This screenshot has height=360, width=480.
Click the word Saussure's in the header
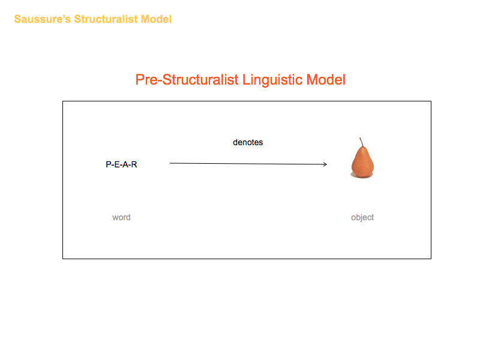pyautogui.click(x=42, y=19)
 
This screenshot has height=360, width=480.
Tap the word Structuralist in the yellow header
pyautogui.click(x=106, y=19)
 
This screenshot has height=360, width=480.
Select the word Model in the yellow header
pyautogui.click(x=156, y=19)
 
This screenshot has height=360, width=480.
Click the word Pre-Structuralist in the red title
pyautogui.click(x=187, y=80)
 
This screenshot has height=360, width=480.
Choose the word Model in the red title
pyautogui.click(x=326, y=80)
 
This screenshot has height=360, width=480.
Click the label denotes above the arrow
pyautogui.click(x=248, y=142)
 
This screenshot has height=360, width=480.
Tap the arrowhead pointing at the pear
pyautogui.click(x=325, y=164)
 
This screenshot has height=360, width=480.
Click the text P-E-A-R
pyautogui.click(x=121, y=164)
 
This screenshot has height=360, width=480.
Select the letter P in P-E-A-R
pyautogui.click(x=108, y=164)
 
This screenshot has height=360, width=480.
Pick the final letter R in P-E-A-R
pyautogui.click(x=134, y=164)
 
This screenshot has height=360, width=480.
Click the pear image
pyautogui.click(x=362, y=158)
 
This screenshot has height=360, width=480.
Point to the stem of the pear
pyautogui.click(x=361, y=142)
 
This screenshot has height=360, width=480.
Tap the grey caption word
pyautogui.click(x=121, y=217)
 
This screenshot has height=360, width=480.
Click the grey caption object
pyautogui.click(x=362, y=218)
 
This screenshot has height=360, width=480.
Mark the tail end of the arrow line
pyautogui.click(x=170, y=163)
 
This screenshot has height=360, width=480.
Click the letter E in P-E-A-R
pyautogui.click(x=116, y=164)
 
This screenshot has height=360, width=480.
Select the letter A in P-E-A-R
pyautogui.click(x=125, y=164)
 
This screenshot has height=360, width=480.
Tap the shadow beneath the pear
pyautogui.click(x=362, y=176)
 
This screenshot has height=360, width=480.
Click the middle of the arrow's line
pyautogui.click(x=248, y=164)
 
